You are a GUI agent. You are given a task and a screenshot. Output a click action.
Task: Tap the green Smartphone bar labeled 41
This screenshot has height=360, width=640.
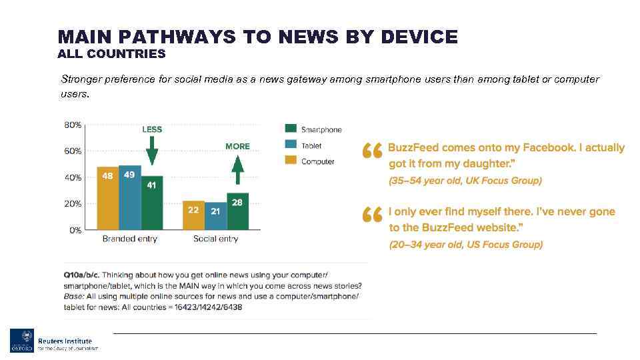coord(151,203)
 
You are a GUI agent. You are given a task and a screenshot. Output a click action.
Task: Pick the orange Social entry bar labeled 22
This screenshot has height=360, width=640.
coord(193,215)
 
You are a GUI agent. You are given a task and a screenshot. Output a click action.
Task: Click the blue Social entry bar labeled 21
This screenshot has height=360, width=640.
coord(215,216)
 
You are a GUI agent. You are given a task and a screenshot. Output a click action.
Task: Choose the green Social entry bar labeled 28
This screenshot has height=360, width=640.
coord(237,211)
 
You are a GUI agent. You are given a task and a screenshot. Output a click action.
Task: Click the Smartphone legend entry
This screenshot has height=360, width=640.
coord(313,129)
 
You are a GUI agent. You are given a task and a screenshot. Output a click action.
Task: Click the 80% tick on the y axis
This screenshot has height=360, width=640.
coord(73,125)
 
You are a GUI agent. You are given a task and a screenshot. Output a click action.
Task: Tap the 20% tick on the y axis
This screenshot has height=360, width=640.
coord(73,204)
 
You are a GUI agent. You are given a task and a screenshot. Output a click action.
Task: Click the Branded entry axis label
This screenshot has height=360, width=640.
coord(129,239)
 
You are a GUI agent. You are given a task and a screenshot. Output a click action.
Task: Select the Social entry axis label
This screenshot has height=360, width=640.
coord(215,239)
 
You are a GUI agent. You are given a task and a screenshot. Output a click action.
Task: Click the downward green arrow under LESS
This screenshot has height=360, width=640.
coord(152,150)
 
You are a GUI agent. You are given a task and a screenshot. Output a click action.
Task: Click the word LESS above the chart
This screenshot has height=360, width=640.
coord(152,129)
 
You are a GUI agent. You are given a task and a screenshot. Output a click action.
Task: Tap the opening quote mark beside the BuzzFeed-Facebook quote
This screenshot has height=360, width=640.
coord(372,151)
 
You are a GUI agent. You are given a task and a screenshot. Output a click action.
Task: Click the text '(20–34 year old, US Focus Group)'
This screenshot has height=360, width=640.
coord(465,245)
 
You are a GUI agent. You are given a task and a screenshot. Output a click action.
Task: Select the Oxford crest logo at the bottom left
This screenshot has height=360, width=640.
coord(21,340)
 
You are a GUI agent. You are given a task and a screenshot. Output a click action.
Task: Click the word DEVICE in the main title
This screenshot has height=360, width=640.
coord(419,37)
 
